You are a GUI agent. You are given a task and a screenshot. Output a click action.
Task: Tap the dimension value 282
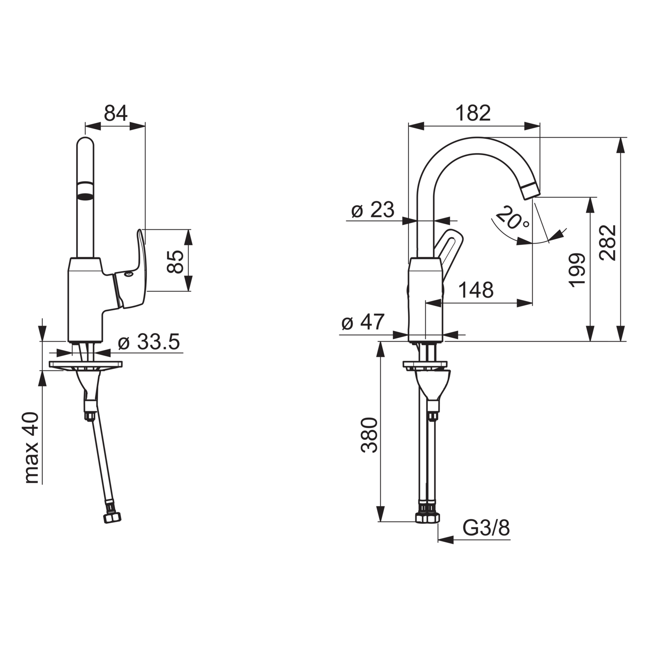(607, 242)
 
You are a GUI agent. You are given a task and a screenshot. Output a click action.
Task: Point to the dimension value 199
(577, 270)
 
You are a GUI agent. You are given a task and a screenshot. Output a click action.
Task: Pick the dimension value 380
(368, 435)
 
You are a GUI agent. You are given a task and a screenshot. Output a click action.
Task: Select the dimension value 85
(175, 261)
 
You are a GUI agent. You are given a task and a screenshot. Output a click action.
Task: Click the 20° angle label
(512, 218)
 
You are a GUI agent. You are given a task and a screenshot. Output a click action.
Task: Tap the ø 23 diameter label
(372, 210)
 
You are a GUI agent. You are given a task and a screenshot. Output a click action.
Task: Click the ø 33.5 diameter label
(149, 342)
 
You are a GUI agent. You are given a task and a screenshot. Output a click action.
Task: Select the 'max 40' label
(32, 448)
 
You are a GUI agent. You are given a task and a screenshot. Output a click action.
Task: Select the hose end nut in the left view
(112, 528)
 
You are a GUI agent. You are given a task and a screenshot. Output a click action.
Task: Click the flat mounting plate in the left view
(86, 364)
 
